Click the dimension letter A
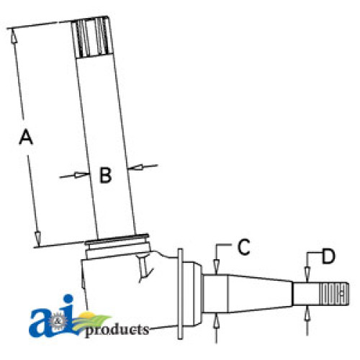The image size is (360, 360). coord(26,137)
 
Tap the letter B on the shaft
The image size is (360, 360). coord(106,175)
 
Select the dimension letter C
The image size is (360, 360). coord(243,247)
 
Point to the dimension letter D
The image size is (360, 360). coord(328,256)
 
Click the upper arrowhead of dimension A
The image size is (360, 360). coord(14,37)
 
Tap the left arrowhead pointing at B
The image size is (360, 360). coord(81,175)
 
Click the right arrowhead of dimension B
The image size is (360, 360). coord(136,167)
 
